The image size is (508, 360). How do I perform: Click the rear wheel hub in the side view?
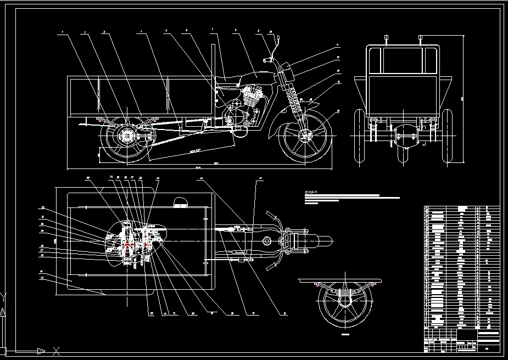pyautogui.click(x=127, y=135)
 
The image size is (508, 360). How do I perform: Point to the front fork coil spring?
pyautogui.click(x=297, y=99)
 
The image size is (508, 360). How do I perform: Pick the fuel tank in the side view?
pyautogui.click(x=254, y=76)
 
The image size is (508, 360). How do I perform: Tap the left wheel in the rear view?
pyautogui.click(x=359, y=137)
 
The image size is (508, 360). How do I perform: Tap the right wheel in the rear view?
pyautogui.click(x=447, y=137)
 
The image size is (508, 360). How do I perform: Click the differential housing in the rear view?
pyautogui.click(x=406, y=136)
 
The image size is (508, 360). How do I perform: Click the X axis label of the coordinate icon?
pyautogui.click(x=55, y=351)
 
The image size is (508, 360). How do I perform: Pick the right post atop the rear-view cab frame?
pyautogui.click(x=420, y=40)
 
